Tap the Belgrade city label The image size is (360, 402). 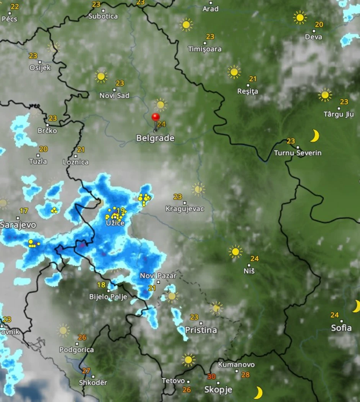155,138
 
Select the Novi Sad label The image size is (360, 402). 115,95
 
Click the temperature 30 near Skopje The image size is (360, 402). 211,376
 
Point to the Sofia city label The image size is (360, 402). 341,328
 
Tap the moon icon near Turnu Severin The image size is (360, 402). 315,136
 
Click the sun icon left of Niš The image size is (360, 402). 235,252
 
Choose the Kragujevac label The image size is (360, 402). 185,209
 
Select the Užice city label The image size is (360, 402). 115,223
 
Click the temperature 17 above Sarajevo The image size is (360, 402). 24,211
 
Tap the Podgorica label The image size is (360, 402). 77,349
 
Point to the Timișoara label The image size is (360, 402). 205,49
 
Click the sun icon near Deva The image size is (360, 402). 300,17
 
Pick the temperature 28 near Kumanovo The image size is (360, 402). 245,375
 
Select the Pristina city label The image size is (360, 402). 201,330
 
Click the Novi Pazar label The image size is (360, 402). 158,276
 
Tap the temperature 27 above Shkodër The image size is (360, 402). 86,371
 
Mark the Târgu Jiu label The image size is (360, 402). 339,114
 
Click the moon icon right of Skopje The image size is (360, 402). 259,392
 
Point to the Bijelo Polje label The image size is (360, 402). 108,297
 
